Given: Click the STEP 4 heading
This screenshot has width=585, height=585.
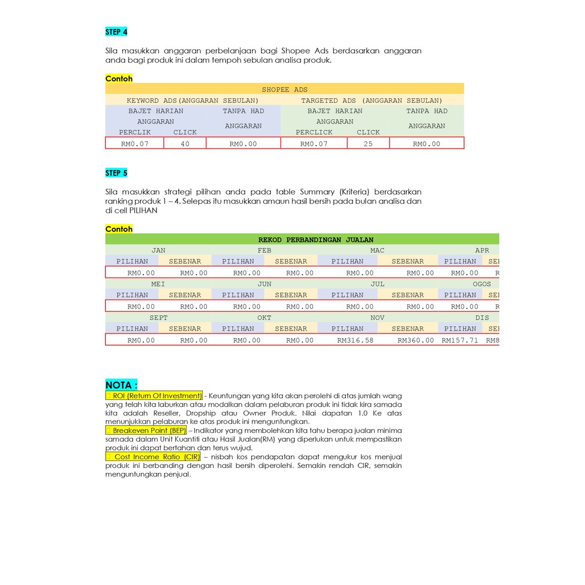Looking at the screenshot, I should (x=116, y=32).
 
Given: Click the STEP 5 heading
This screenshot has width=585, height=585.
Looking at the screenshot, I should (x=116, y=173).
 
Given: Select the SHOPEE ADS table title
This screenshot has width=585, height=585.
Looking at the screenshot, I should (x=285, y=89).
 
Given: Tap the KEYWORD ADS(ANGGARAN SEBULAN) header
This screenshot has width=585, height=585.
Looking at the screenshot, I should (x=193, y=101).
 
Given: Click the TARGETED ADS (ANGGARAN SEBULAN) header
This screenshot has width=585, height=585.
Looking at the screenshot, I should (x=372, y=101).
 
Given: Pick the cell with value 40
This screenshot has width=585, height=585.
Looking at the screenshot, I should (x=185, y=144).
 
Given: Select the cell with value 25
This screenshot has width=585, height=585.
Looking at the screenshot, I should (x=368, y=144).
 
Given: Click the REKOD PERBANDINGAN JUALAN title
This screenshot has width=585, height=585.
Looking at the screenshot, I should (x=316, y=240).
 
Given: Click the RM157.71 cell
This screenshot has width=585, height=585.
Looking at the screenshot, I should (x=460, y=340).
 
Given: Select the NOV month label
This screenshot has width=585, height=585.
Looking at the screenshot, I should (x=377, y=318).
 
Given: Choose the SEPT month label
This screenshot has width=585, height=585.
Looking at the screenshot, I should (x=159, y=318).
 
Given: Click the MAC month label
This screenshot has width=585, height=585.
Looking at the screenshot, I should (x=377, y=250).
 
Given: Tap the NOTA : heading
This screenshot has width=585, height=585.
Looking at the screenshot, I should (x=121, y=385).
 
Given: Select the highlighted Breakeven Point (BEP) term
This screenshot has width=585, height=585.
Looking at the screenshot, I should (x=146, y=430).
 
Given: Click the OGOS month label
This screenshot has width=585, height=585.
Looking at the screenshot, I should (x=482, y=284).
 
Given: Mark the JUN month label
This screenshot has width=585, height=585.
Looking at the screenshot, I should (x=265, y=284).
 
